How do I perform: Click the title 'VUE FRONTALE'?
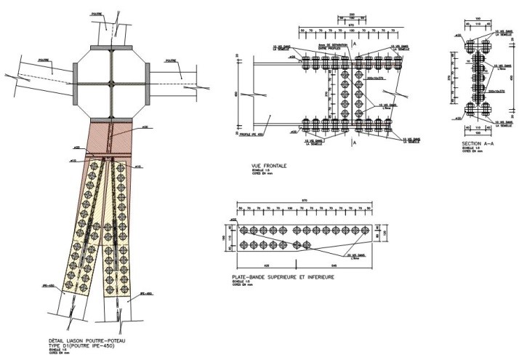point(269,166)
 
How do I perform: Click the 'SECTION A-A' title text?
point(476,144)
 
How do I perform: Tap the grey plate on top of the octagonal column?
point(110,47)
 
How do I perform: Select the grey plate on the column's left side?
point(76,80)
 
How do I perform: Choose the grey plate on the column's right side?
point(146,80)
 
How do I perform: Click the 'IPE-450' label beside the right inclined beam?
point(145,294)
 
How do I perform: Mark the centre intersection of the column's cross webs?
point(110,80)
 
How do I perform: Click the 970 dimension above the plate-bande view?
point(302,201)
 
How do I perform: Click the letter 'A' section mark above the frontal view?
point(354,44)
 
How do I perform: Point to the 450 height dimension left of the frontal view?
point(236,93)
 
